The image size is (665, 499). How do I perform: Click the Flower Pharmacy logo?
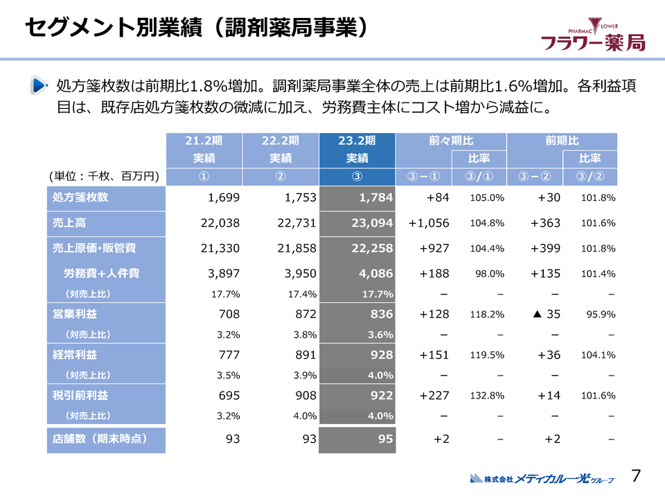(x=593, y=35)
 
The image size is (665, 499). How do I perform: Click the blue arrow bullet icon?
(x=39, y=87)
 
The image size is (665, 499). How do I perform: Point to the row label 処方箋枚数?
(x=81, y=198)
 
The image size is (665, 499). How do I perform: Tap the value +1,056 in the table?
(x=429, y=223)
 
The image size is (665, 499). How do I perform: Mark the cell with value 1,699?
(x=224, y=198)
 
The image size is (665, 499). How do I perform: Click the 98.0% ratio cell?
(x=489, y=274)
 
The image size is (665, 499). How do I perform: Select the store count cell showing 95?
(x=386, y=439)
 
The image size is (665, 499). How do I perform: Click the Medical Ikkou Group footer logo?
(x=542, y=478)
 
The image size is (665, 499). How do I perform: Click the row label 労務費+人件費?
(x=101, y=274)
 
